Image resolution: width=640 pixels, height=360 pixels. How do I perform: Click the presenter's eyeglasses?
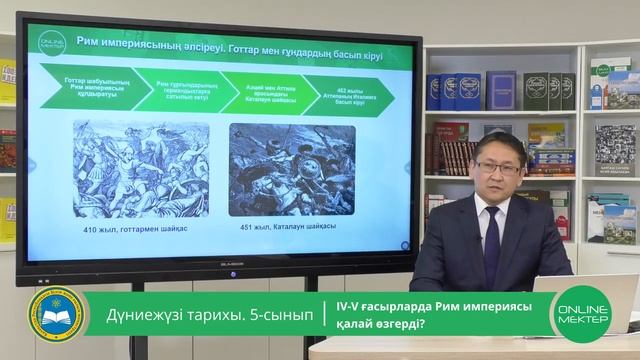(498, 166)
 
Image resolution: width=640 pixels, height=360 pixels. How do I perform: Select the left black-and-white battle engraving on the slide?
(141, 168)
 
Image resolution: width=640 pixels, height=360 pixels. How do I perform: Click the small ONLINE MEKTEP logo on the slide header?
(52, 45)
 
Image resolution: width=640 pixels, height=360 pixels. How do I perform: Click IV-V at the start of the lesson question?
(352, 306)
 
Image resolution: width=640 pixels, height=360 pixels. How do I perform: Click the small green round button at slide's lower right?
(404, 244)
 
